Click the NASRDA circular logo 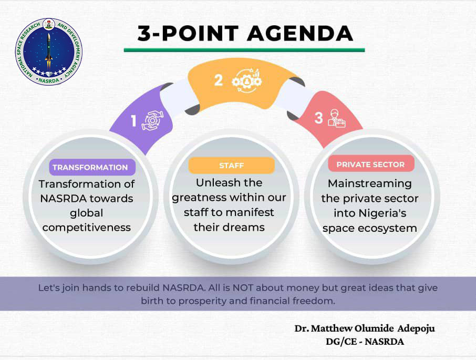click(49, 52)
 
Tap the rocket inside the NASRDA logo click(48, 52)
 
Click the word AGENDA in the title click(300, 33)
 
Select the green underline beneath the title click(244, 50)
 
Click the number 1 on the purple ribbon click(133, 120)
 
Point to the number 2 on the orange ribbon click(219, 80)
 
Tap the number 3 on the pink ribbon click(318, 118)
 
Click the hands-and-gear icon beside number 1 click(153, 120)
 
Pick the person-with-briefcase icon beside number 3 click(336, 118)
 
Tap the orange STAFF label click(231, 166)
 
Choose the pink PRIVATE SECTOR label click(371, 164)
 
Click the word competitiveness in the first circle click(87, 228)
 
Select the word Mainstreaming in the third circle click(370, 183)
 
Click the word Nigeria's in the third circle click(382, 213)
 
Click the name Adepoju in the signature click(416, 329)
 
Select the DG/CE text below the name click(341, 342)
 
